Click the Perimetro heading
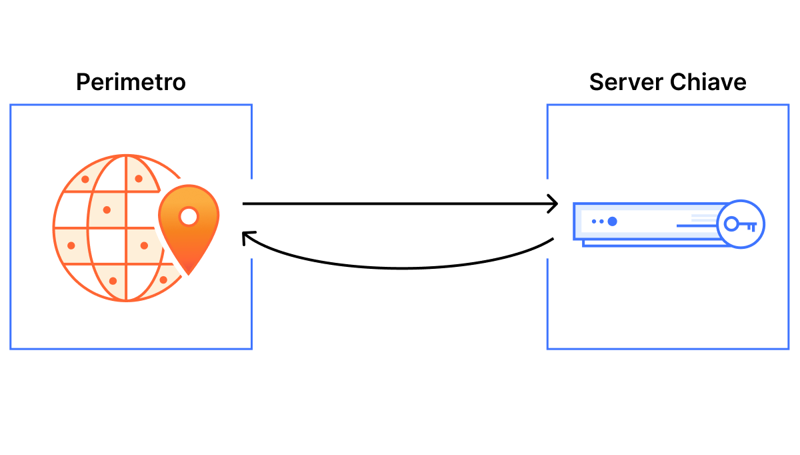coord(131,82)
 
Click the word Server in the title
coord(626,82)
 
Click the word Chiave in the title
coord(708,82)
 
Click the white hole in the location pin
coord(189,216)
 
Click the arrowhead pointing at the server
coord(553,204)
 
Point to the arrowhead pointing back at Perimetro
coord(247,238)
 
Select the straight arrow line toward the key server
coord(400,203)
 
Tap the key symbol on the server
coord(741,224)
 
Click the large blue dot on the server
coord(613,221)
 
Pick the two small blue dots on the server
coord(598,221)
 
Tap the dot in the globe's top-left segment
coord(85,179)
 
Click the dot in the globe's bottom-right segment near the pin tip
coord(163,280)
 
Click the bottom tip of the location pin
coord(189,274)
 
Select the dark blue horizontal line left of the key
coord(697,226)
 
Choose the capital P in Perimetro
coord(83,82)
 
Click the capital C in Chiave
coord(678,82)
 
